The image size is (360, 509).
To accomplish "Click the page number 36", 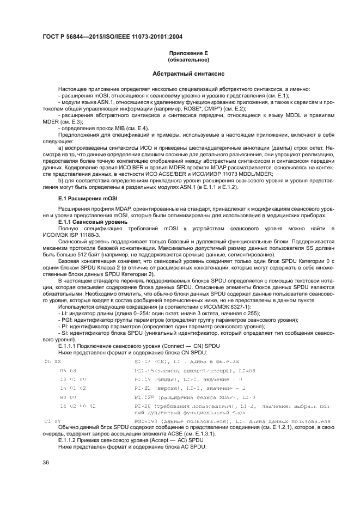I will (x=46, y=462).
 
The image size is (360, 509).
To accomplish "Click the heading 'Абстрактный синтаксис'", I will (x=179, y=73).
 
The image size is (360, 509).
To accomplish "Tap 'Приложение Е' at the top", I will (x=179, y=53).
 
